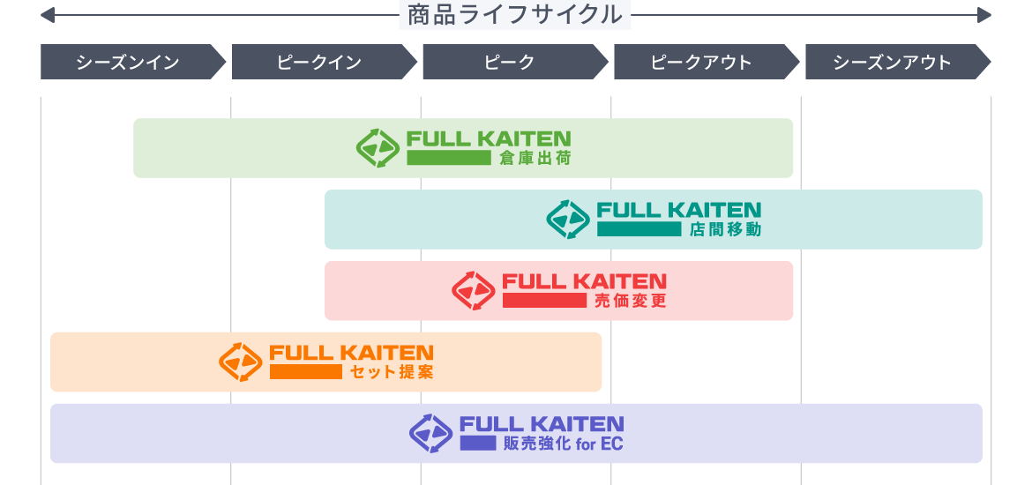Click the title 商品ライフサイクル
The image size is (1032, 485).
(515, 15)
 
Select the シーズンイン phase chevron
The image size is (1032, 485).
(129, 63)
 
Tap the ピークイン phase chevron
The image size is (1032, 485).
(319, 63)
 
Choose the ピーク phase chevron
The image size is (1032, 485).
(510, 63)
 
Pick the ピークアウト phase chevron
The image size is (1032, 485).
(701, 63)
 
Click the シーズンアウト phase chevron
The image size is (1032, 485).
(893, 63)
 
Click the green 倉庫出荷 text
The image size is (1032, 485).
(535, 159)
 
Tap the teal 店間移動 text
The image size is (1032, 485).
(725, 230)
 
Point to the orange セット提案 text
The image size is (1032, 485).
(392, 372)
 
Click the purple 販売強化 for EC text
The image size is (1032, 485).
(563, 444)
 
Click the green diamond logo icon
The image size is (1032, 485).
(378, 147)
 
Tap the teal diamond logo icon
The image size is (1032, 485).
(568, 219)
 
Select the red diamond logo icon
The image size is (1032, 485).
(474, 290)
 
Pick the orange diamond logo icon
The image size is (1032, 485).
(241, 362)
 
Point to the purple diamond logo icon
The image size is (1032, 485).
(430, 433)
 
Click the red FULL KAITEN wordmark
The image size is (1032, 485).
(584, 281)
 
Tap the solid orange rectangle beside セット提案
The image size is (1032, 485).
(305, 372)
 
